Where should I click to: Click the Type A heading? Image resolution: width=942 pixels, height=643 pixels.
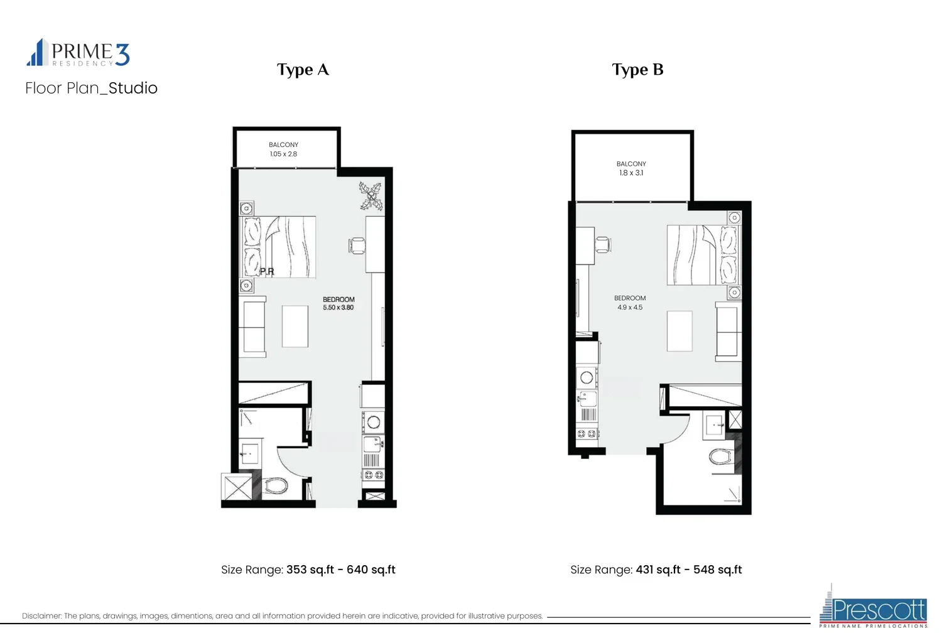click(303, 70)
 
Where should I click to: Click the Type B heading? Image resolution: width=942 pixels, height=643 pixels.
click(637, 70)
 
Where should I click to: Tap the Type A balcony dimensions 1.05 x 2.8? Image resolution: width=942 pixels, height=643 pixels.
click(283, 154)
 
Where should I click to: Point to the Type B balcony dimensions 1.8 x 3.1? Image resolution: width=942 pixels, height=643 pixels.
click(631, 173)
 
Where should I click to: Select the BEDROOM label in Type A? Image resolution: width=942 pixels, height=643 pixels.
click(338, 300)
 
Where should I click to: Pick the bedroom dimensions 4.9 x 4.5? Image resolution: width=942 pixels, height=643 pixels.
click(630, 308)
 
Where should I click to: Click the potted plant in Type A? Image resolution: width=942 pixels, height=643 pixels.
click(371, 195)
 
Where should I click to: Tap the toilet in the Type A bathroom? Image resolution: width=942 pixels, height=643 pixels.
click(276, 487)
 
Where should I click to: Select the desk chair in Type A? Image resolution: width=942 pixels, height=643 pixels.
click(357, 246)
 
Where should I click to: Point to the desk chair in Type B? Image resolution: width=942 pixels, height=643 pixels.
click(603, 245)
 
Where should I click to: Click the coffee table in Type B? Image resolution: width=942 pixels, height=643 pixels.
click(679, 331)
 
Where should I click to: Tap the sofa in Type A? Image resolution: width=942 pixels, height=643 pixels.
click(252, 327)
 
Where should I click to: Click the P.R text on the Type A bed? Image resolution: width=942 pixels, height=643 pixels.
click(267, 272)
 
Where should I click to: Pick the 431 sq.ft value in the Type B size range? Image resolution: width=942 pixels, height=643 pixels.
click(658, 570)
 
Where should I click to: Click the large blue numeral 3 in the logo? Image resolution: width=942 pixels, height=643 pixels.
click(122, 55)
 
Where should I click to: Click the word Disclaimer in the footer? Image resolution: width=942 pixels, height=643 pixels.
click(41, 616)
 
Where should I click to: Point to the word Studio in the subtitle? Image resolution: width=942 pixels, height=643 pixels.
click(133, 89)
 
